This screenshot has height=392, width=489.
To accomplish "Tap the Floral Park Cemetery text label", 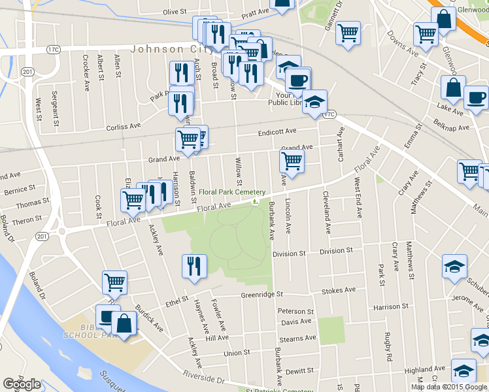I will coord(233,192).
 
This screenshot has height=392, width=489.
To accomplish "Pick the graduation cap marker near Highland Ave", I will coord(464,372).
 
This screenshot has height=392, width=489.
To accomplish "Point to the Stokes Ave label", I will coord(339,290).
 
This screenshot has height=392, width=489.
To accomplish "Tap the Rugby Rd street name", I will coord(388,348).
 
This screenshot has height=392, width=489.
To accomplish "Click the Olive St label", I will coord(175,12).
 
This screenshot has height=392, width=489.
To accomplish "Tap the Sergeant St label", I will coord(56,108).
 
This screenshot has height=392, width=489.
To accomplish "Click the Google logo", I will coord(22,384).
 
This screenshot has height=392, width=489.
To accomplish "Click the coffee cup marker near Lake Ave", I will coord(476,98).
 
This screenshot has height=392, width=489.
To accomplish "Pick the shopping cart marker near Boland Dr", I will coord(114,283).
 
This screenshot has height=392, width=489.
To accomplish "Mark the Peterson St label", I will coord(295,312).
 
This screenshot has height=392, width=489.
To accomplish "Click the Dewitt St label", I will coord(299,370).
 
